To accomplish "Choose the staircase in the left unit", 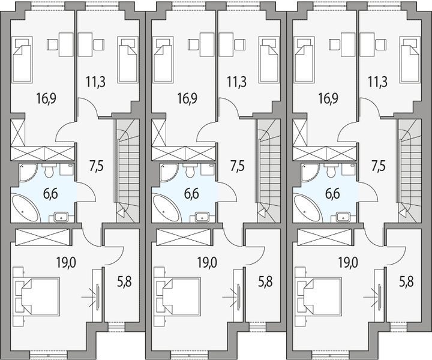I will click(x=127, y=171).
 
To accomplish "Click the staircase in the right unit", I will click(x=408, y=171).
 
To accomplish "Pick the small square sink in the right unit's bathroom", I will click(x=344, y=217).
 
